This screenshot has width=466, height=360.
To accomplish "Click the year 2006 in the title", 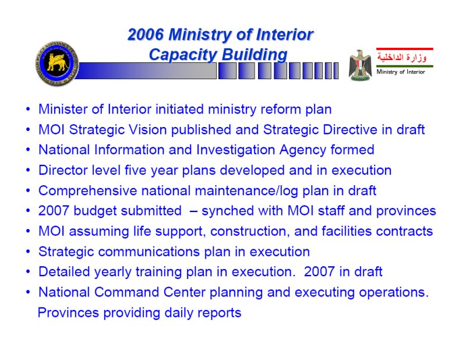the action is pos(145,34).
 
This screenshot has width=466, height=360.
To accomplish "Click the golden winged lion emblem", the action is pos(57,63).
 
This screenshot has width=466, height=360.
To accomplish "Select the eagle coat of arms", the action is pos(360,65).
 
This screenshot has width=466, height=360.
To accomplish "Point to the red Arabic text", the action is pos(402,57).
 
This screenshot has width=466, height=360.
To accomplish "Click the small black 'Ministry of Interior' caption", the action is pos(401,72).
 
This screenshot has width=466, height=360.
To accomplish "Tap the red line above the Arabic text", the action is pos(404,49).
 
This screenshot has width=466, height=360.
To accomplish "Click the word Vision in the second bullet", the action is pos(139,130).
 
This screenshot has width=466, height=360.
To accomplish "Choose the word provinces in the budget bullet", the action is pos(406,211).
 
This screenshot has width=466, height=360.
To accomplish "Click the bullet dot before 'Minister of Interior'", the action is pos(28,109).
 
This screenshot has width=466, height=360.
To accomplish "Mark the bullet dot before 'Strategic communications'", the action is pos(28,252).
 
